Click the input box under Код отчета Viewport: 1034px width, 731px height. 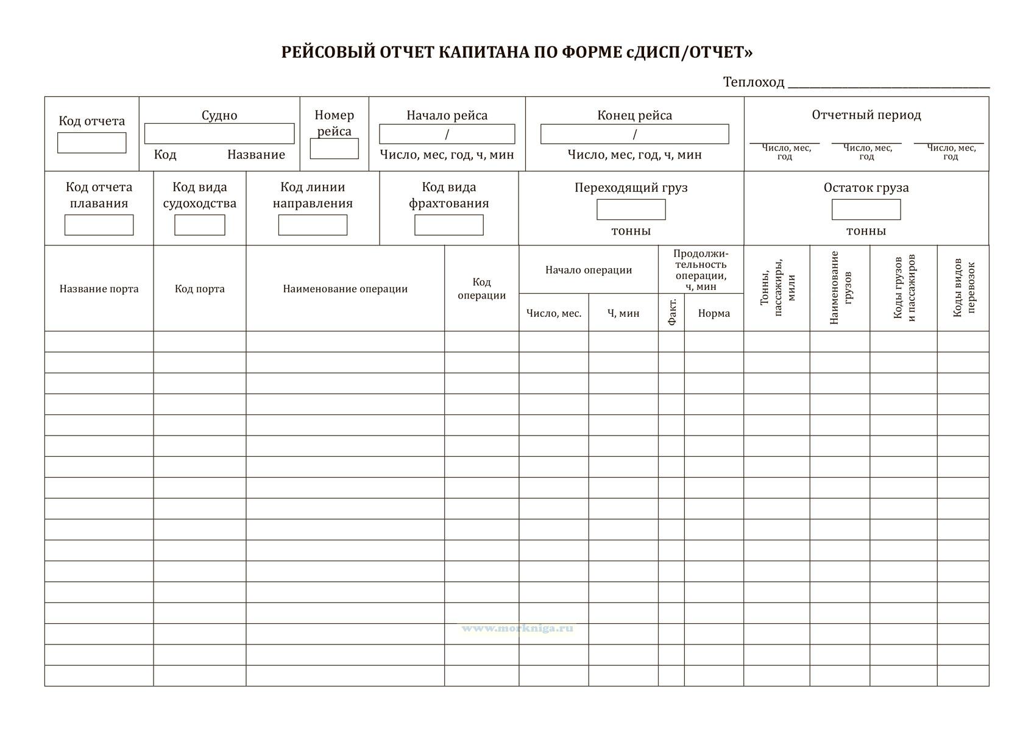pyautogui.click(x=92, y=143)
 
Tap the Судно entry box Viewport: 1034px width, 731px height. pyautogui.click(x=219, y=134)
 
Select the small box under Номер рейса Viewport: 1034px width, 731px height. pyautogui.click(x=334, y=149)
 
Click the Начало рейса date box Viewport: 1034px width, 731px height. pyautogui.click(x=447, y=134)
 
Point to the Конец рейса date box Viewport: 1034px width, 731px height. pyautogui.click(x=634, y=134)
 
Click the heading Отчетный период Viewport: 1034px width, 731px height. pyautogui.click(x=866, y=115)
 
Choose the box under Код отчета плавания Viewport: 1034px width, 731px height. pyautogui.click(x=99, y=225)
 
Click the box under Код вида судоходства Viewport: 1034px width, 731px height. pyautogui.click(x=200, y=225)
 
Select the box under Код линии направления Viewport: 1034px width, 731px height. pyautogui.click(x=313, y=225)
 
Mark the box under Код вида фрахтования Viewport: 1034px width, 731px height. pyautogui.click(x=449, y=225)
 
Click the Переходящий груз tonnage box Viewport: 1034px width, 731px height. pyautogui.click(x=631, y=210)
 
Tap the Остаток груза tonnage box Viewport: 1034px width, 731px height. pyautogui.click(x=866, y=210)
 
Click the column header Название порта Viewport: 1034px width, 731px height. pyautogui.click(x=99, y=289)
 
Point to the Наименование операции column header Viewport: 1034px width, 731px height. pyautogui.click(x=345, y=289)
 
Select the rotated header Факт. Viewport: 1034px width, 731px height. pyautogui.click(x=672, y=312)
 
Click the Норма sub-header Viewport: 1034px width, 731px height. pyautogui.click(x=714, y=313)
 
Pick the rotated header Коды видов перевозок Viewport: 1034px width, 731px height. pyautogui.click(x=963, y=288)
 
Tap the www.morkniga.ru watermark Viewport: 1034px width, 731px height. pyautogui.click(x=517, y=628)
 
